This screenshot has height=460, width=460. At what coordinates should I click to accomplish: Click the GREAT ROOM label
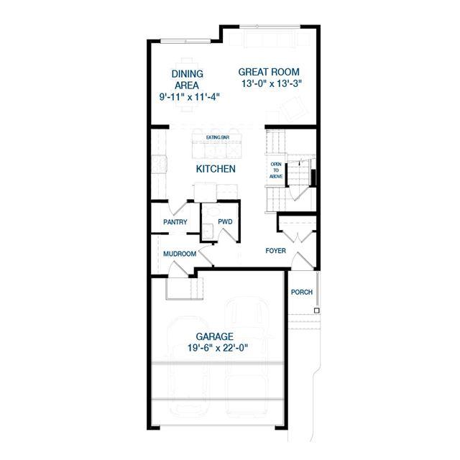tap(269, 72)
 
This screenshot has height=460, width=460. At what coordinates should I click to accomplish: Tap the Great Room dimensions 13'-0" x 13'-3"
tap(272, 83)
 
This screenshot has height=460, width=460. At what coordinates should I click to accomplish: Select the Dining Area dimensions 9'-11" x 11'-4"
tap(190, 97)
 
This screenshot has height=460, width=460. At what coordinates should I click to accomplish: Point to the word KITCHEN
tap(216, 169)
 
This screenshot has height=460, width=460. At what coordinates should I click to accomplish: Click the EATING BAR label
tap(218, 137)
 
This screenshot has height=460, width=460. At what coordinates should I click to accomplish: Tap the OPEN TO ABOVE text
tap(276, 170)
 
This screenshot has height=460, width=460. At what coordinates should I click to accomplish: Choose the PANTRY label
tap(175, 222)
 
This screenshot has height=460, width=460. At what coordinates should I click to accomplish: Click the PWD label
tap(225, 222)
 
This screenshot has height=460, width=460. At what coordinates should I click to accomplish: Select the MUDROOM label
tap(180, 254)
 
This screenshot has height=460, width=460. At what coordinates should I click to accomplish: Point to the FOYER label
tap(275, 251)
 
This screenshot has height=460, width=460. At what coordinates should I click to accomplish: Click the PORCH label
tap(302, 293)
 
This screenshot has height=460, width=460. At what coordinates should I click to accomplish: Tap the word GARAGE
tap(215, 336)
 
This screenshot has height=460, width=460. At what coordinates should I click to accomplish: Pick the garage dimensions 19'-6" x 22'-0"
tap(218, 348)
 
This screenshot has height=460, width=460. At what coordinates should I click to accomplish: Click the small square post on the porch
tap(316, 310)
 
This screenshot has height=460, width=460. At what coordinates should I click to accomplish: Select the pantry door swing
tap(178, 208)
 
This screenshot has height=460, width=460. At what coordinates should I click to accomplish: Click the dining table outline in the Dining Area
tap(187, 85)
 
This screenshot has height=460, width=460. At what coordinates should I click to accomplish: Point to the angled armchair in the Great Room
tap(294, 109)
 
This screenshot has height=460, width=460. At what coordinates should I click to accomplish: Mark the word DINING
tap(187, 73)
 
